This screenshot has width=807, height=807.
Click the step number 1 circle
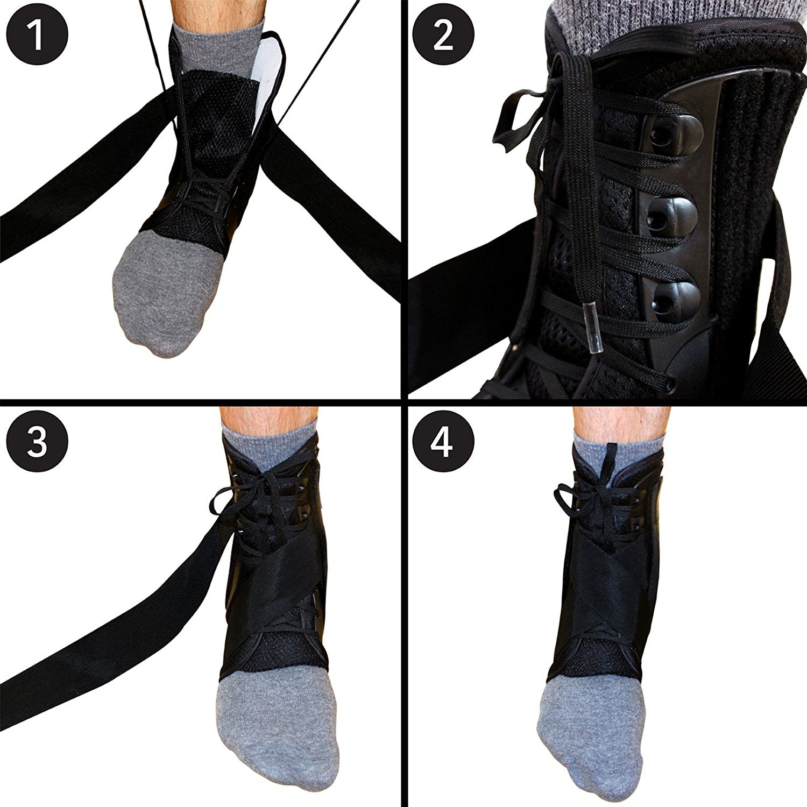37,35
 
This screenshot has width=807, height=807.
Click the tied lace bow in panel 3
237,492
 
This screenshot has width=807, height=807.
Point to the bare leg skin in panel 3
268,417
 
